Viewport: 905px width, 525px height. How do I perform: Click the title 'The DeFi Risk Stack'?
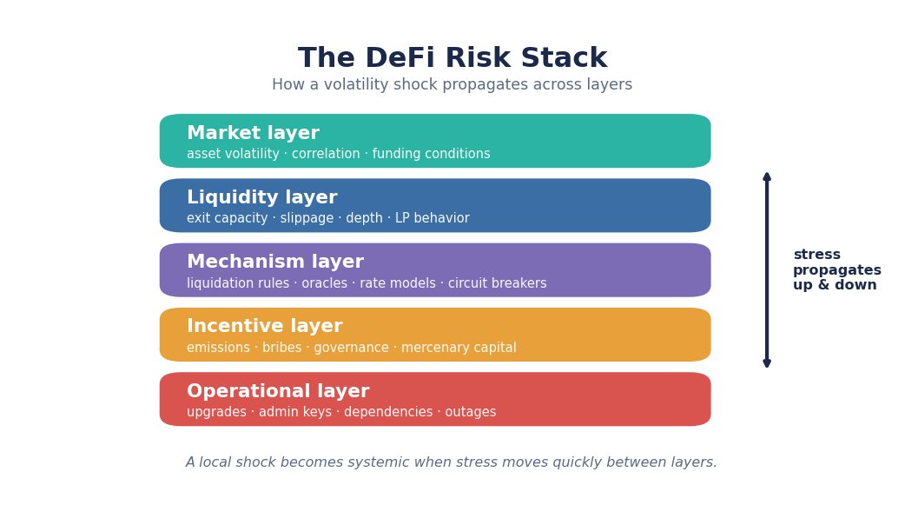[x=452, y=58]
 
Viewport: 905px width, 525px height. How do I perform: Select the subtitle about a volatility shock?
[x=452, y=85]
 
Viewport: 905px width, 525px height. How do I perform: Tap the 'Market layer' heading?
[x=253, y=133]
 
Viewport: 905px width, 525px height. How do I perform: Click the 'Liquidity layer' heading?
[x=262, y=197]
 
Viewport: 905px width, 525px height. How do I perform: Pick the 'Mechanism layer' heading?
[x=275, y=262]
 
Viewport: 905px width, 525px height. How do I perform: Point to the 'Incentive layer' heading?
[x=264, y=326]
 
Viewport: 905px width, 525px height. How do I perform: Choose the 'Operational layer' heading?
[x=278, y=391]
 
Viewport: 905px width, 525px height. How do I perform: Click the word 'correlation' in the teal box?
[x=326, y=154]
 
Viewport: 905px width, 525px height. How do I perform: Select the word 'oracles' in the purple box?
[x=324, y=283]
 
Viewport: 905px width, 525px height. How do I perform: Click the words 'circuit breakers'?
[x=498, y=283]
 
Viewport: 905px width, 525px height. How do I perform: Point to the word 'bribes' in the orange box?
[x=281, y=348]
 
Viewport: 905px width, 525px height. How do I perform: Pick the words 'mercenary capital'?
[x=459, y=348]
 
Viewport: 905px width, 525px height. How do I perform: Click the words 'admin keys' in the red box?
[x=295, y=412]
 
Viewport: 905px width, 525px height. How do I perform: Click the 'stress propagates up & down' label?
[x=837, y=269]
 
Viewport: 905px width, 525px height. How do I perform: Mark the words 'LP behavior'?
[x=433, y=218]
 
